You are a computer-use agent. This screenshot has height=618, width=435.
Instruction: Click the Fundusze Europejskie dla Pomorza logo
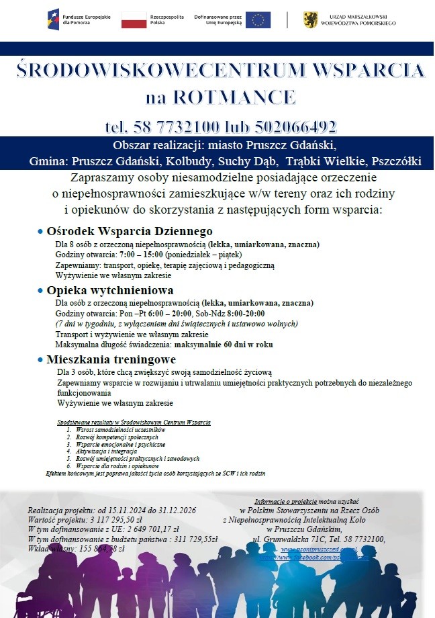[72, 19]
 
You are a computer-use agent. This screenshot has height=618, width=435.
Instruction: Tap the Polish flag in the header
[134, 19]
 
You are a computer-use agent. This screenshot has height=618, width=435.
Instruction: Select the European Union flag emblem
[258, 19]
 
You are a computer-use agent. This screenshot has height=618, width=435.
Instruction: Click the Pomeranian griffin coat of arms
[310, 19]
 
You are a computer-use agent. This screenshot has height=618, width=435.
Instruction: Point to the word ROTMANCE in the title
[236, 97]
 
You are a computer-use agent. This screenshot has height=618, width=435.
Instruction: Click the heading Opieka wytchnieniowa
[110, 290]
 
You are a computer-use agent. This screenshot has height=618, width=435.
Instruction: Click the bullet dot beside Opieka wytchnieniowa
[41, 291]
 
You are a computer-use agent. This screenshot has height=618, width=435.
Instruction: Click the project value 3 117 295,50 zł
[107, 519]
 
